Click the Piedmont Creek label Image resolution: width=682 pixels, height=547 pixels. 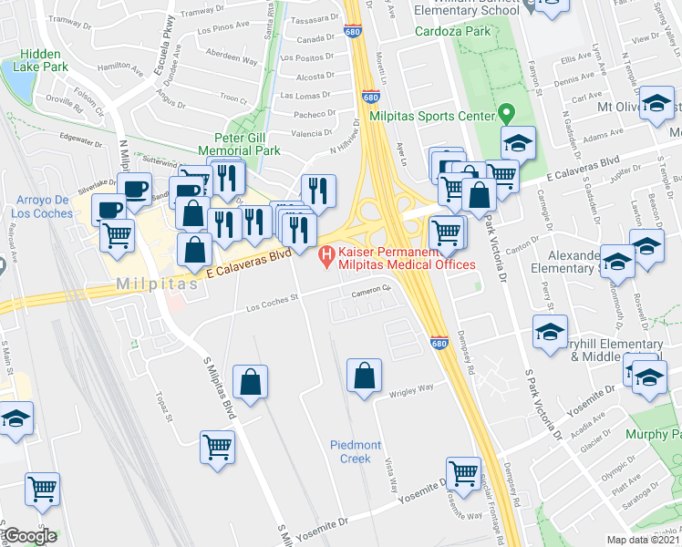tap(350, 451)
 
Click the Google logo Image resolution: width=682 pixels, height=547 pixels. tap(31, 536)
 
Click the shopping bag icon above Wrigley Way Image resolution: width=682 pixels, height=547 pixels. tap(364, 375)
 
